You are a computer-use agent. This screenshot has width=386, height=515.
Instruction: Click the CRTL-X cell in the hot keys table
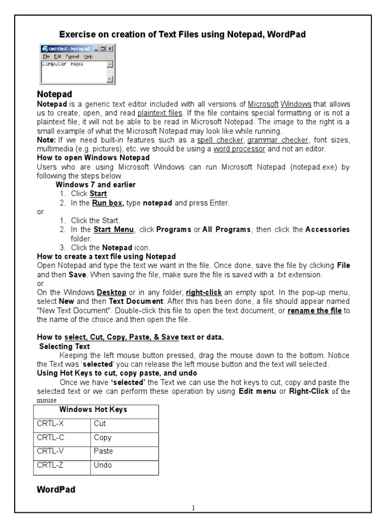click(62, 423)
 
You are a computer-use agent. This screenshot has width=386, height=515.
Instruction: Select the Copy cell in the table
click(124, 438)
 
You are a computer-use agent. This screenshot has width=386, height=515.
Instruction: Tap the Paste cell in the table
click(124, 451)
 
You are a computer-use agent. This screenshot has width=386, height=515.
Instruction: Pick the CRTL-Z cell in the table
click(62, 465)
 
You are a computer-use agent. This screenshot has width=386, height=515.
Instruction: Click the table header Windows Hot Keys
click(96, 409)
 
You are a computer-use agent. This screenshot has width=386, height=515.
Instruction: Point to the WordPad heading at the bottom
click(56, 489)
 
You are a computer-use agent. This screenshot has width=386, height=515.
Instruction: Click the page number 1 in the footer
click(194, 508)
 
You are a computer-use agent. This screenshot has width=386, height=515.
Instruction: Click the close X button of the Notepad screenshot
click(110, 49)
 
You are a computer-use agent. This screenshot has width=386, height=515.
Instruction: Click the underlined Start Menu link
click(114, 229)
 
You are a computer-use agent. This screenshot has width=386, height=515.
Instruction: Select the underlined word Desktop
click(112, 292)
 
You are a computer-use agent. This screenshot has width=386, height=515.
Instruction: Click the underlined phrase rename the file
click(315, 310)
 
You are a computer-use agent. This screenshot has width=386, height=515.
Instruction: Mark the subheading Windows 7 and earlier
click(95, 185)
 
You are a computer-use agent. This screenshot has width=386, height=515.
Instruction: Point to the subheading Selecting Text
click(64, 346)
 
